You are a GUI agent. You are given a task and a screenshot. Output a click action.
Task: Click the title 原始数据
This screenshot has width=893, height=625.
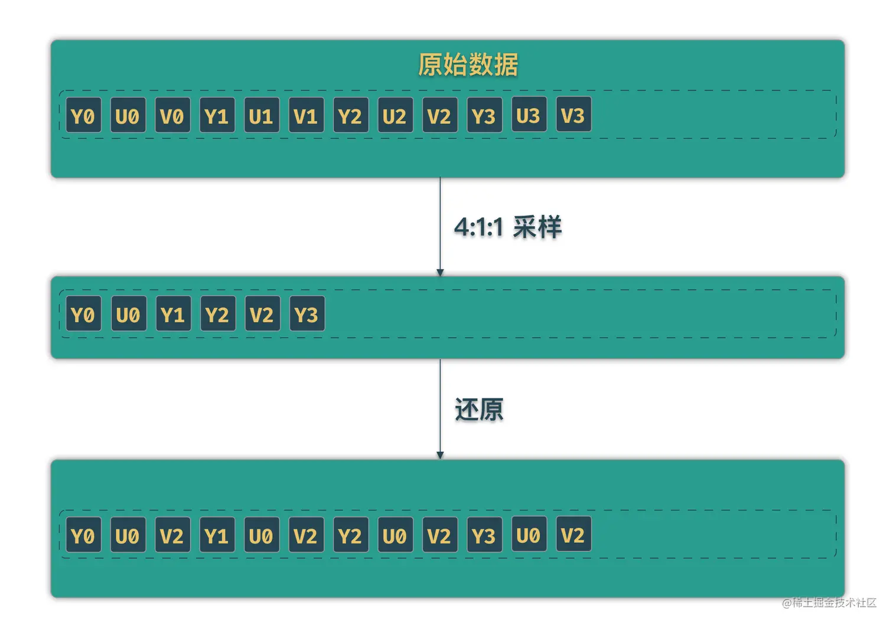tap(468, 64)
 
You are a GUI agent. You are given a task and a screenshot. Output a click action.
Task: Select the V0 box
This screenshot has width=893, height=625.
tap(172, 115)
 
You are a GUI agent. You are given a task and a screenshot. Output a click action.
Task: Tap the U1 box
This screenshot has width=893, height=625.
tap(261, 115)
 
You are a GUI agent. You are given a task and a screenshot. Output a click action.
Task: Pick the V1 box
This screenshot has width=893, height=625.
tap(306, 115)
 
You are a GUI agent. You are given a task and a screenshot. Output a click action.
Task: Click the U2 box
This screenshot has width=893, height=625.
tap(395, 115)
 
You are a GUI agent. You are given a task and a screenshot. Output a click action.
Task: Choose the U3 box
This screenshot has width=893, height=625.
tap(529, 115)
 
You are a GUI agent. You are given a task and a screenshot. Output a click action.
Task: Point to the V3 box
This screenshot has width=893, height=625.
tap(573, 115)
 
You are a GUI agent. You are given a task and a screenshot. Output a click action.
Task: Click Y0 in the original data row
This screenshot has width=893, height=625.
tap(83, 115)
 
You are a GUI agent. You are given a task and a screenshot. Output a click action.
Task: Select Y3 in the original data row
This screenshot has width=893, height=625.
tap(484, 115)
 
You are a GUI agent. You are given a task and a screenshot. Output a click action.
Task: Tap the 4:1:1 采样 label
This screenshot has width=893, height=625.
tap(507, 227)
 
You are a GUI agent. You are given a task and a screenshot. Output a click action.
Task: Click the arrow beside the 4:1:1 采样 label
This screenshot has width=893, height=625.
tap(440, 227)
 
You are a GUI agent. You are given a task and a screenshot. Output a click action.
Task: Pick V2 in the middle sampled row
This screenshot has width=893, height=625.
tap(262, 314)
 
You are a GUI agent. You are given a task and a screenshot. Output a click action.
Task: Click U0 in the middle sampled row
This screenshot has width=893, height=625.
tap(128, 314)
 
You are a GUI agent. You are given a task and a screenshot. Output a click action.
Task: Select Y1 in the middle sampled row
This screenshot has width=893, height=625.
tap(173, 314)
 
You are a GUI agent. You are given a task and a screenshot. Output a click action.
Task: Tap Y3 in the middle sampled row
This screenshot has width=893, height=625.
tap(307, 314)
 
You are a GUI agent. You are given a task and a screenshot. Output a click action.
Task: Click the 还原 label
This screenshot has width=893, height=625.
tap(479, 410)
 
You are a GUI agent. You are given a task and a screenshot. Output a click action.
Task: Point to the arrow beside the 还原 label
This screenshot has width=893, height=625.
tap(440, 409)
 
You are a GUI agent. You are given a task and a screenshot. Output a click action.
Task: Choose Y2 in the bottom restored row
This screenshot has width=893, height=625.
tap(350, 535)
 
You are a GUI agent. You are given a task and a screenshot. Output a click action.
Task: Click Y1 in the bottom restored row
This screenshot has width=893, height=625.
tap(217, 535)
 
